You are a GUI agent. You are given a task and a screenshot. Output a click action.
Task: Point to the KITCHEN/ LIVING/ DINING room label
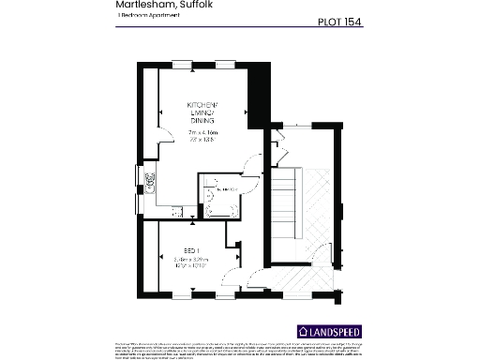(x=202, y=112)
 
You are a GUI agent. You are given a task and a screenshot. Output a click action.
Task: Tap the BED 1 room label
(x=190, y=248)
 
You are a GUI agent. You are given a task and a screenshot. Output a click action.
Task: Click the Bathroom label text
(x=227, y=190)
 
